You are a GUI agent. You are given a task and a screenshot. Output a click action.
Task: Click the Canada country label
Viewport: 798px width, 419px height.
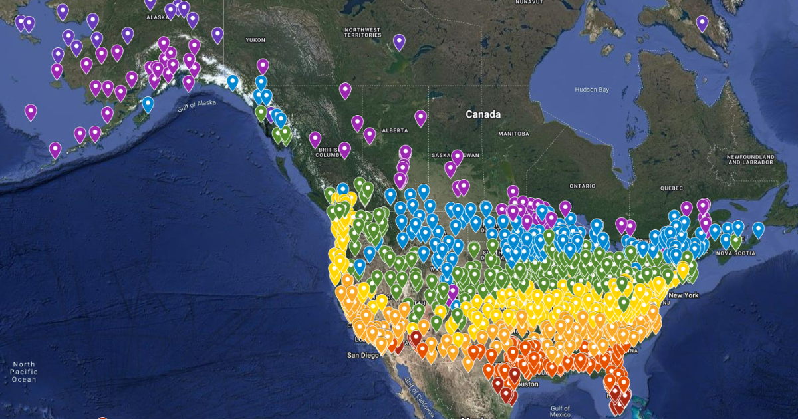(483, 114)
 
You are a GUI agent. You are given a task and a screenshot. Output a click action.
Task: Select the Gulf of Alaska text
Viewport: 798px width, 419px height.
(197, 106)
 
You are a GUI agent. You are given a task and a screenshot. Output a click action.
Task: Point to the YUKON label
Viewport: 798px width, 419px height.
(255, 40)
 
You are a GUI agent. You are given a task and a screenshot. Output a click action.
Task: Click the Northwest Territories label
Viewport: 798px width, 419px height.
(362, 33)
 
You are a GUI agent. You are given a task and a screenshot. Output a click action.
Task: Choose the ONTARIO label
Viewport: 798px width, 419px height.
(584, 186)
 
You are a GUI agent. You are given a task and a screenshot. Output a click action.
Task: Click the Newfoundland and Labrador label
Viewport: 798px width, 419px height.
(751, 160)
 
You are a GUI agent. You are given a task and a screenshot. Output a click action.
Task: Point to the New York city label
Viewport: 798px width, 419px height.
(684, 295)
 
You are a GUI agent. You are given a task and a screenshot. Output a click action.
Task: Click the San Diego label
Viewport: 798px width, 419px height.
(363, 355)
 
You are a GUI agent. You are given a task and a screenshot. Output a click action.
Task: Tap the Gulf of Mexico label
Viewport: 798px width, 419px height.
(560, 411)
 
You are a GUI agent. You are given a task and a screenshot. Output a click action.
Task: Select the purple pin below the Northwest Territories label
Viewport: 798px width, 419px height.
(399, 42)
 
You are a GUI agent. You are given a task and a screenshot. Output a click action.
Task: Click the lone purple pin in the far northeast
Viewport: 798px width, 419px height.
(702, 23)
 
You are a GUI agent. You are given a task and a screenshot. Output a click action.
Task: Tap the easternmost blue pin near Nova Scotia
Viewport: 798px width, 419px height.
(758, 229)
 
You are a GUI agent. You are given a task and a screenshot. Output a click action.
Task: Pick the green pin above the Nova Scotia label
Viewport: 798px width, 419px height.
(735, 241)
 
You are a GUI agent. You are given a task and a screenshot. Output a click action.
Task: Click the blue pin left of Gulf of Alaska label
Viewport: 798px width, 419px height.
(148, 104)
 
